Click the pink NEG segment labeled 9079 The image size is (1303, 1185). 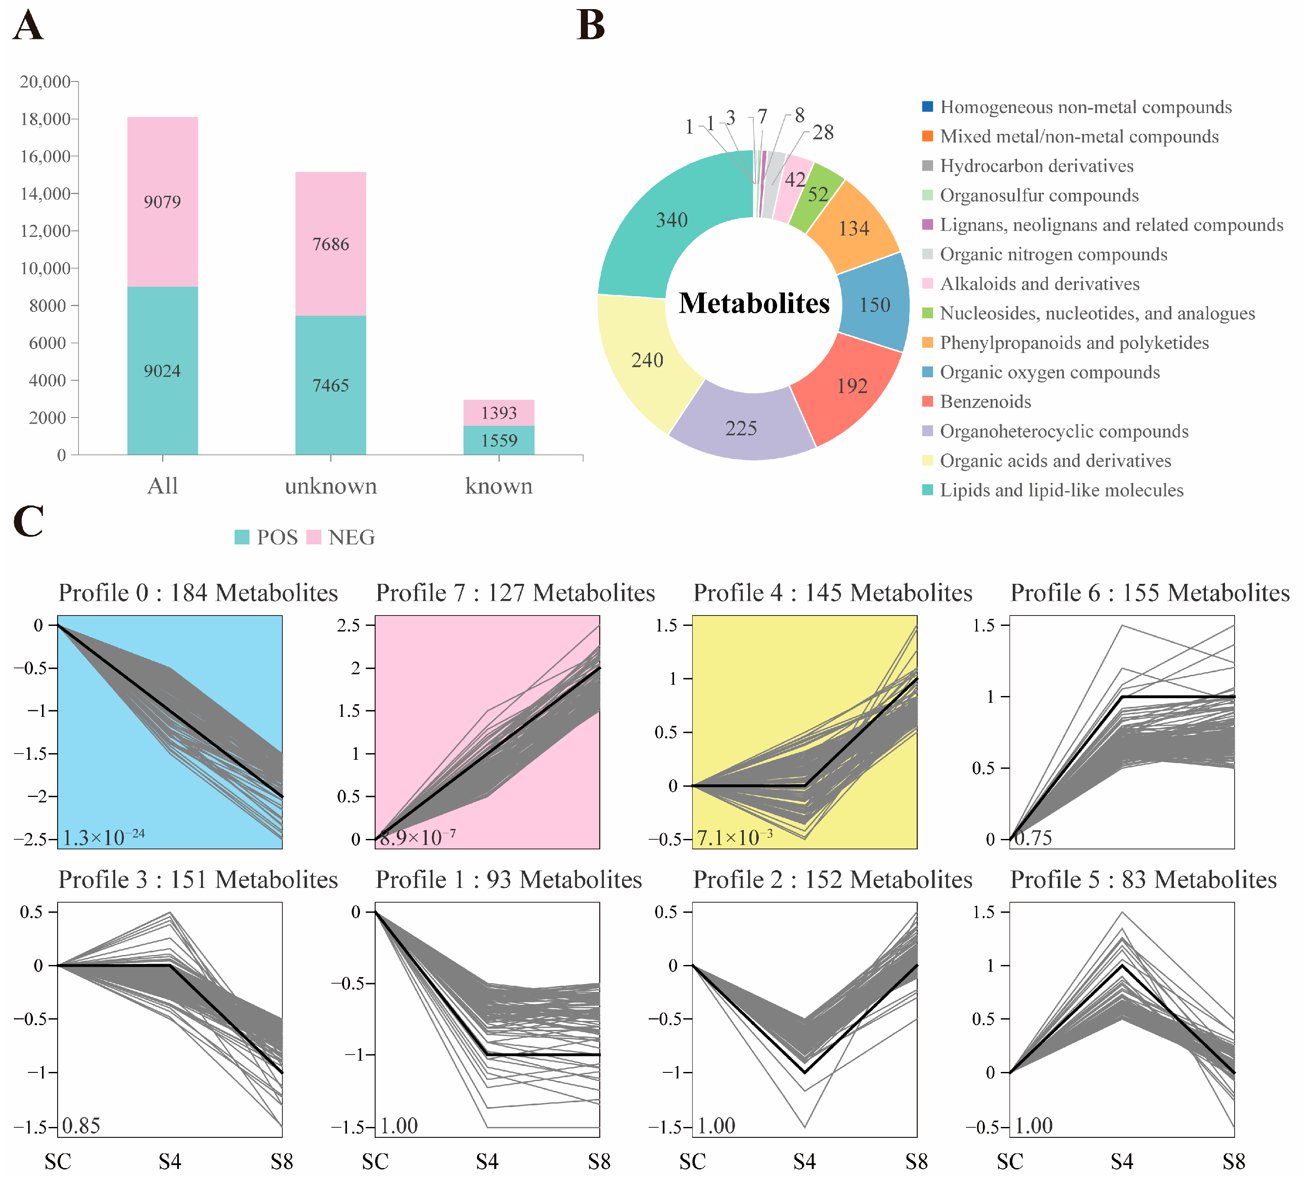pos(162,201)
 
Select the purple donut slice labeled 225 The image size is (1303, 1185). pos(741,428)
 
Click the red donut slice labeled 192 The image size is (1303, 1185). pos(852,386)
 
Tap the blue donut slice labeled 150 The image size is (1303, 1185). pos(875,305)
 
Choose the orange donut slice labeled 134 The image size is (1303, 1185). pos(853,229)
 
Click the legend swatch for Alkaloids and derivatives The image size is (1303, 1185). pos(927,284)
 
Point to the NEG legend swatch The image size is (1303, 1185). pos(314,537)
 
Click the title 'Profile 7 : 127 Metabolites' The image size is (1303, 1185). pos(515,592)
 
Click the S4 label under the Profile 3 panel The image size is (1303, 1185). pos(170,1162)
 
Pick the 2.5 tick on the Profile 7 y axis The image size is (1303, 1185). pos(349,625)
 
